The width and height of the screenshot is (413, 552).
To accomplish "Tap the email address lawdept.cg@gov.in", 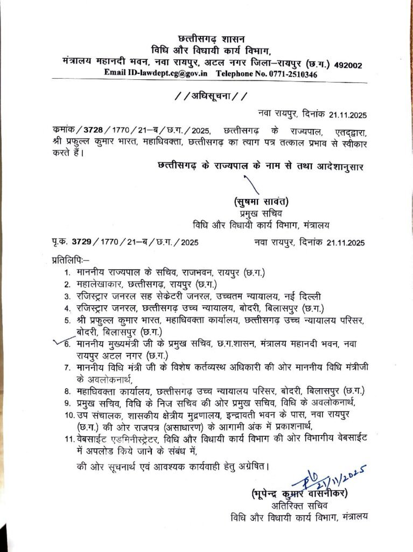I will click(171, 73).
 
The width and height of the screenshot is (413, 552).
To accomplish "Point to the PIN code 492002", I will click(348, 65).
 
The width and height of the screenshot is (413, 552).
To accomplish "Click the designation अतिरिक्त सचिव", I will click(300, 506).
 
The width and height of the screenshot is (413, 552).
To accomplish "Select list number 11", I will click(67, 440).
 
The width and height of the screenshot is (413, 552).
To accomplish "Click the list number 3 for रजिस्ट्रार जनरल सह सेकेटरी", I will click(67, 296).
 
